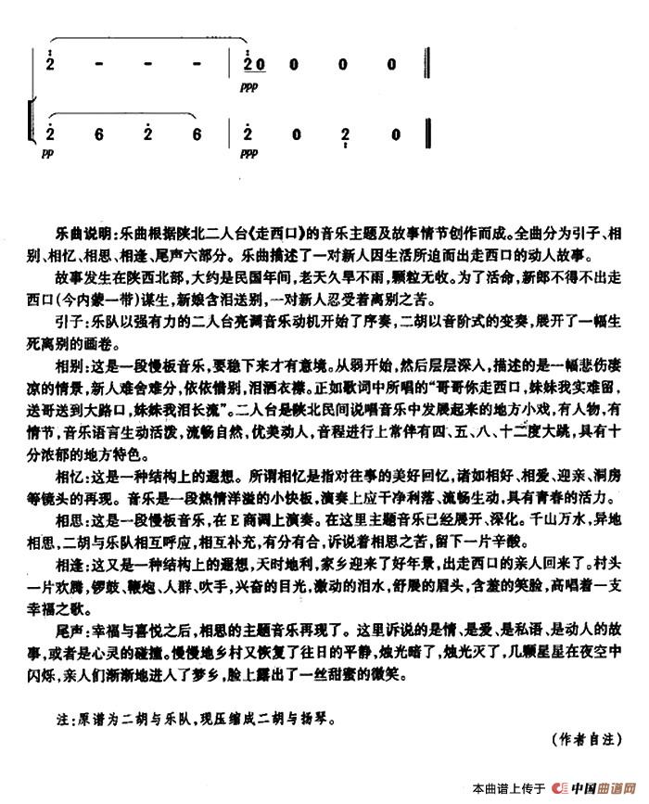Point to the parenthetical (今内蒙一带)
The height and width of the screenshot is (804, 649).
click(103, 297)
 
